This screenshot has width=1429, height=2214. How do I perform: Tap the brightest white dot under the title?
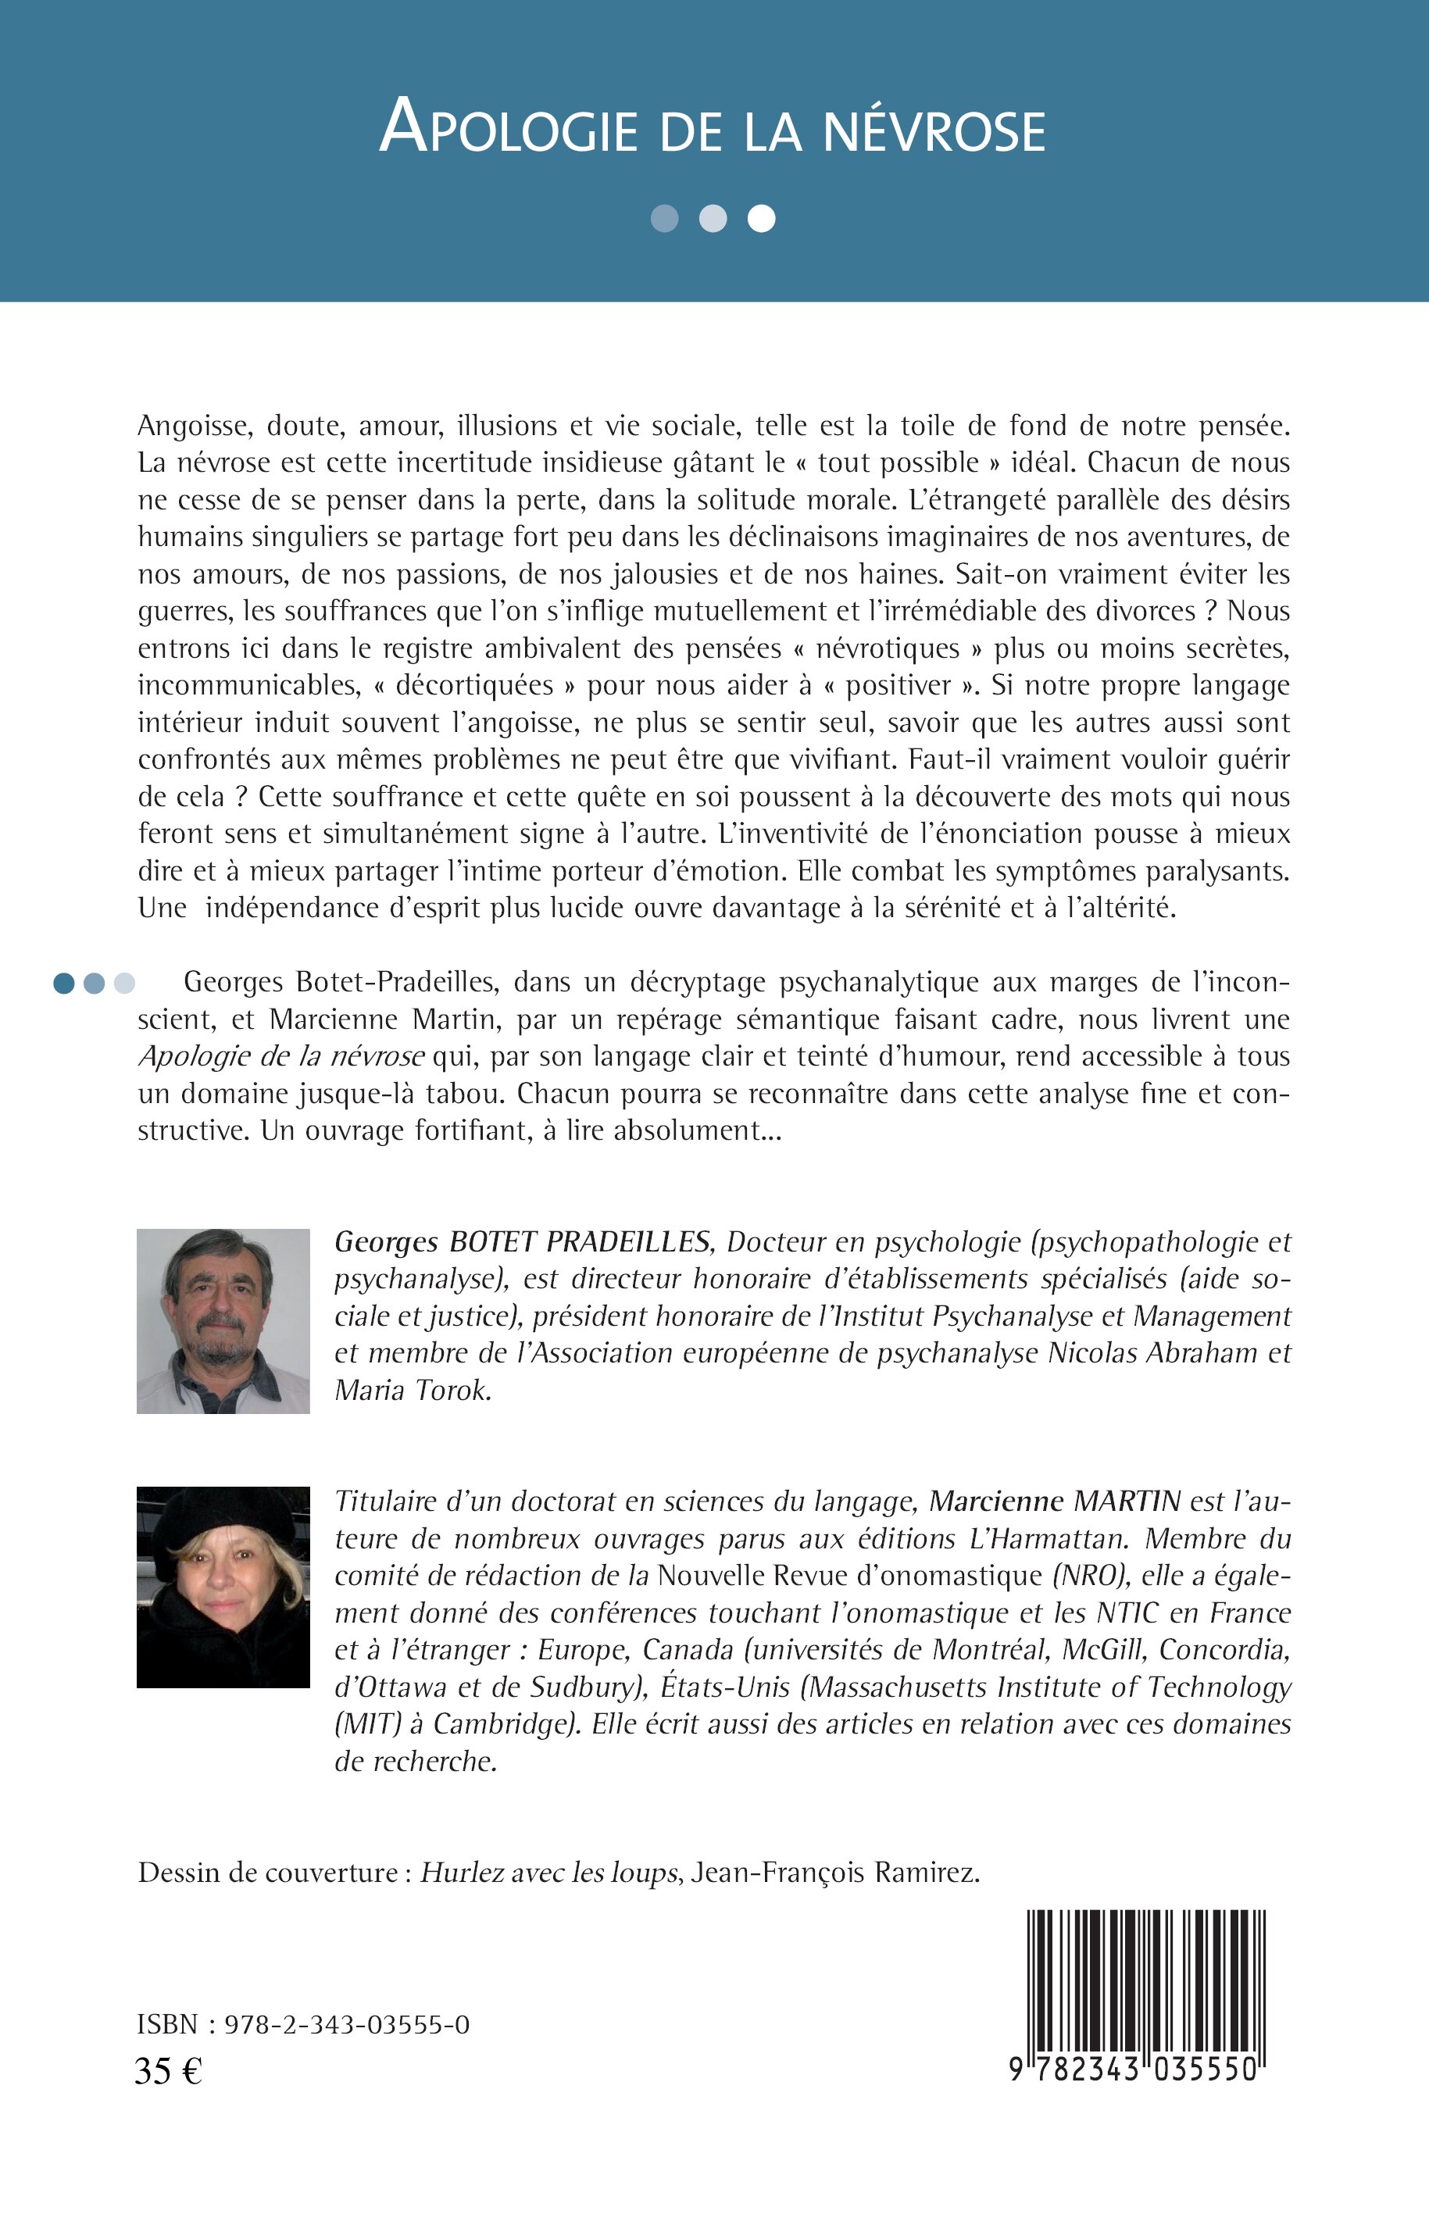coord(761,218)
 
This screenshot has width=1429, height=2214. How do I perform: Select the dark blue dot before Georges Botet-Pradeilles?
coord(64,983)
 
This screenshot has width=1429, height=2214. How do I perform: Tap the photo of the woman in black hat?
coord(223,1587)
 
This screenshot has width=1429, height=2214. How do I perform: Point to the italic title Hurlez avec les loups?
coord(548,1873)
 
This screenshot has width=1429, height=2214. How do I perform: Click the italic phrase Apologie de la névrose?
coord(281,1057)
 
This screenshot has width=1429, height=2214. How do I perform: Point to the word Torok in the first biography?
coord(450,1390)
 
